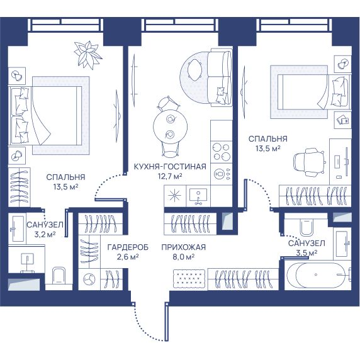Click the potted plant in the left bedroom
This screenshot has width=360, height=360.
88,55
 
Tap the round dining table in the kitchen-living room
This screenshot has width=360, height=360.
170,127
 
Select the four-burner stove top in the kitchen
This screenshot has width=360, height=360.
222,152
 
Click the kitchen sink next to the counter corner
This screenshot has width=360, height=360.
198,196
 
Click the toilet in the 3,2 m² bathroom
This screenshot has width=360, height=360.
59,276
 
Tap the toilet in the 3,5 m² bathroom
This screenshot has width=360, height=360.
307,227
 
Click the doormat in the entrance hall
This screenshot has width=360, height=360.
189,278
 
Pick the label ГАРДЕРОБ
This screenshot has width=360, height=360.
128,247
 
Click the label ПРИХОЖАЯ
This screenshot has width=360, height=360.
183,247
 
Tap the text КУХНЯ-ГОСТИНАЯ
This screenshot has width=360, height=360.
170,166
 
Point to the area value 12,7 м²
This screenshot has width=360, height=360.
170,176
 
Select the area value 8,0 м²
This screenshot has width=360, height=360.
183,257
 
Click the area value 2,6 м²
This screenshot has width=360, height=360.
128,257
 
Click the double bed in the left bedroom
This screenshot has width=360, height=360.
45,116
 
